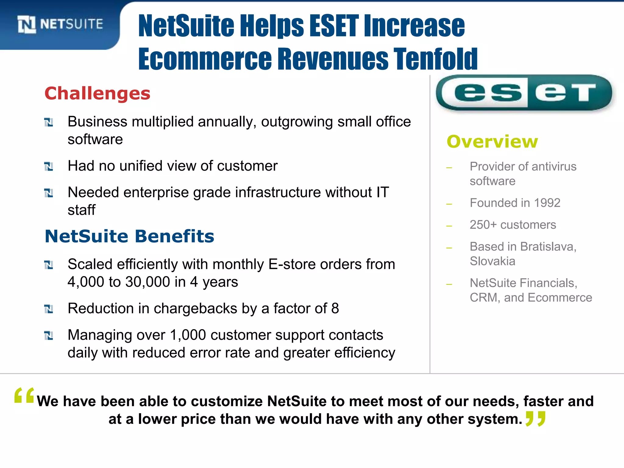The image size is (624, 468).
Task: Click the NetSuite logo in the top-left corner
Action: pos(60,24)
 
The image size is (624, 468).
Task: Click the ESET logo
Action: pos(524,93)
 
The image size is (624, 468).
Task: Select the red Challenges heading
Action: pos(97,93)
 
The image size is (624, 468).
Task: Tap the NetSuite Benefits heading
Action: pos(129,236)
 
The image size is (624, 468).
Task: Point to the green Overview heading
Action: pos(492,142)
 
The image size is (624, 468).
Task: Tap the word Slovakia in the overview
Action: pos(492,261)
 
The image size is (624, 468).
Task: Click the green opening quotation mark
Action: pos(24,396)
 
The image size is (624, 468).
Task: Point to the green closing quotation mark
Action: pos(535,419)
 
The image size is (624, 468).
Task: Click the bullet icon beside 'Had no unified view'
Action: pos(49,166)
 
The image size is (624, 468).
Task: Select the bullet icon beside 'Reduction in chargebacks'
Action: pos(49,309)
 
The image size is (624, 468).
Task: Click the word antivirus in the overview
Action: pos(547,167)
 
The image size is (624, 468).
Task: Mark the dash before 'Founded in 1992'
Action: pos(449,204)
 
